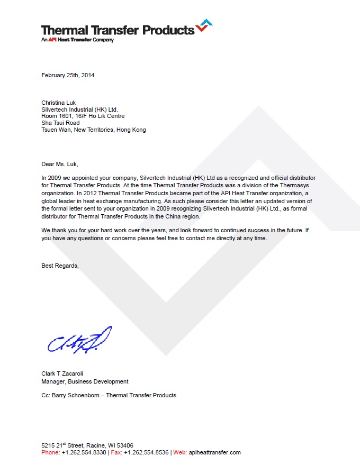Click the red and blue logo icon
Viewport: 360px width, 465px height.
click(x=204, y=25)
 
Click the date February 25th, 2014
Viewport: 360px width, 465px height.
click(x=68, y=75)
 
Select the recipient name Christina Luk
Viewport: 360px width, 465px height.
click(x=59, y=103)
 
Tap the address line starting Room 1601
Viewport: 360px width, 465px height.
click(x=83, y=116)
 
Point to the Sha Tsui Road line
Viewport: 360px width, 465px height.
click(x=60, y=123)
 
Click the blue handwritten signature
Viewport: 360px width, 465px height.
click(x=79, y=340)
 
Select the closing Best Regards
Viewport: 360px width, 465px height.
click(x=60, y=266)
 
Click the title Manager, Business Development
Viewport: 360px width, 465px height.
click(x=85, y=381)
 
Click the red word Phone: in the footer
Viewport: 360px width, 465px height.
click(x=51, y=452)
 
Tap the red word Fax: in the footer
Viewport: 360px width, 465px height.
click(x=116, y=452)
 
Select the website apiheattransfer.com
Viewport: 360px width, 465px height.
click(x=215, y=452)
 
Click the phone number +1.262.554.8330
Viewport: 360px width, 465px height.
click(x=84, y=452)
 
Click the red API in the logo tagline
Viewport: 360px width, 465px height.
click(x=52, y=40)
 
